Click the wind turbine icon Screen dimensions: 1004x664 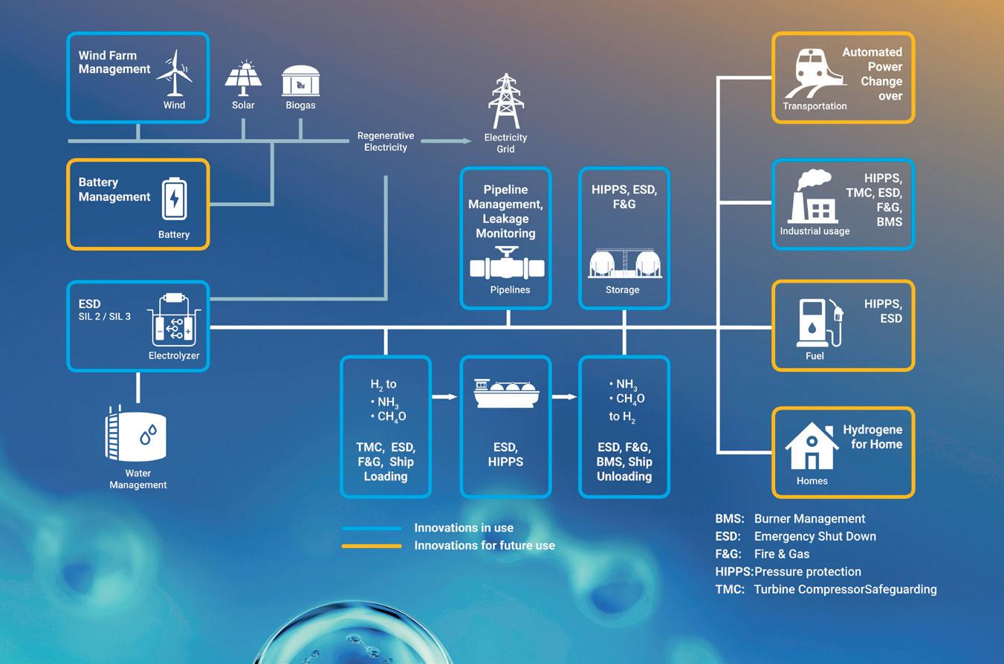175,73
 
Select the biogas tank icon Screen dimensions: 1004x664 301,81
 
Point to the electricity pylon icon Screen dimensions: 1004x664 506,101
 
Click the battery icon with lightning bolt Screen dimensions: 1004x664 175,199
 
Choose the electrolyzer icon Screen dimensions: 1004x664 174,320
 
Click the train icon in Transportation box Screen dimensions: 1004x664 814,74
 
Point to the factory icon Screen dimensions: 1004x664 812,196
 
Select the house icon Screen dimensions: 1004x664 812,445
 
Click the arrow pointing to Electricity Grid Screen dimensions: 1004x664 446,141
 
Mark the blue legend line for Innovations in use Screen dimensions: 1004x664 372,528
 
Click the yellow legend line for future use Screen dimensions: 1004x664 372,546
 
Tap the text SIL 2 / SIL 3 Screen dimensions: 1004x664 105,317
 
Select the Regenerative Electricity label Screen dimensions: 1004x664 386,141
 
